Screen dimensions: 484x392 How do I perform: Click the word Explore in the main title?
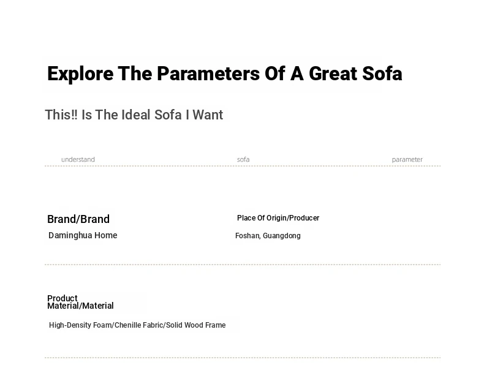pyautogui.click(x=80, y=74)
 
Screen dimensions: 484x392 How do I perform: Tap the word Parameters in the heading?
pyautogui.click(x=208, y=73)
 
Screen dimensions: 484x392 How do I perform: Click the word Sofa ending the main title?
pyautogui.click(x=382, y=73)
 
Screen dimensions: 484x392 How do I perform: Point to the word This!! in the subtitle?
pyautogui.click(x=61, y=115)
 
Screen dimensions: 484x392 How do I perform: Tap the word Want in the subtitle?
pyautogui.click(x=208, y=115)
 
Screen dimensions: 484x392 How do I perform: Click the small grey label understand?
pyautogui.click(x=78, y=160)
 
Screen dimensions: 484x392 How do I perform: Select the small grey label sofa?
pyautogui.click(x=243, y=160)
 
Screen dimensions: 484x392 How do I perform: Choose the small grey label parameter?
pyautogui.click(x=407, y=160)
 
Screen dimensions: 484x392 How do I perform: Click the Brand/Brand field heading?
pyautogui.click(x=78, y=219)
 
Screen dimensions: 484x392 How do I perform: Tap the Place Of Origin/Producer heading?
pyautogui.click(x=278, y=218)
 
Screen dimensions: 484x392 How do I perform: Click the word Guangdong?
pyautogui.click(x=282, y=236)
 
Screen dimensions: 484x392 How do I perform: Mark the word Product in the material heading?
pyautogui.click(x=62, y=298)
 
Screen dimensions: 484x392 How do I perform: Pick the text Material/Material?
pyautogui.click(x=80, y=306)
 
